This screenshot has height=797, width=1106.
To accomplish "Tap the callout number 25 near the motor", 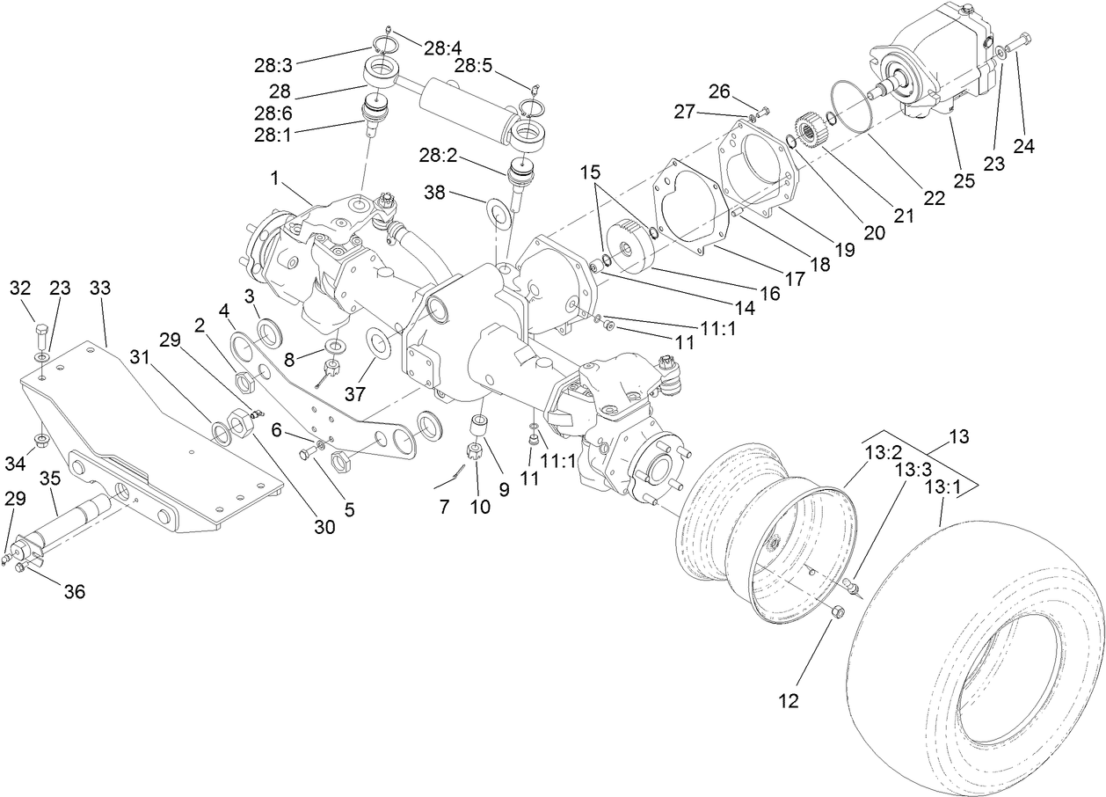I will coord(965,180).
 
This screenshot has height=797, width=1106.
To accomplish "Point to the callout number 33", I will coord(102,288).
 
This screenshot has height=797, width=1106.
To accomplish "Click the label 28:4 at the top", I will coord(442,48).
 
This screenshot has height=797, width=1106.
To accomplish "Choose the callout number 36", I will coord(75,592).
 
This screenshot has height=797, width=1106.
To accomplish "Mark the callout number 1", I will coord(274,179).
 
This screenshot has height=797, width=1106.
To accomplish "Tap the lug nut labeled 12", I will coord(837,612).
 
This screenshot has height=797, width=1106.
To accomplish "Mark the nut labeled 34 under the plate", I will coord(41,437).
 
